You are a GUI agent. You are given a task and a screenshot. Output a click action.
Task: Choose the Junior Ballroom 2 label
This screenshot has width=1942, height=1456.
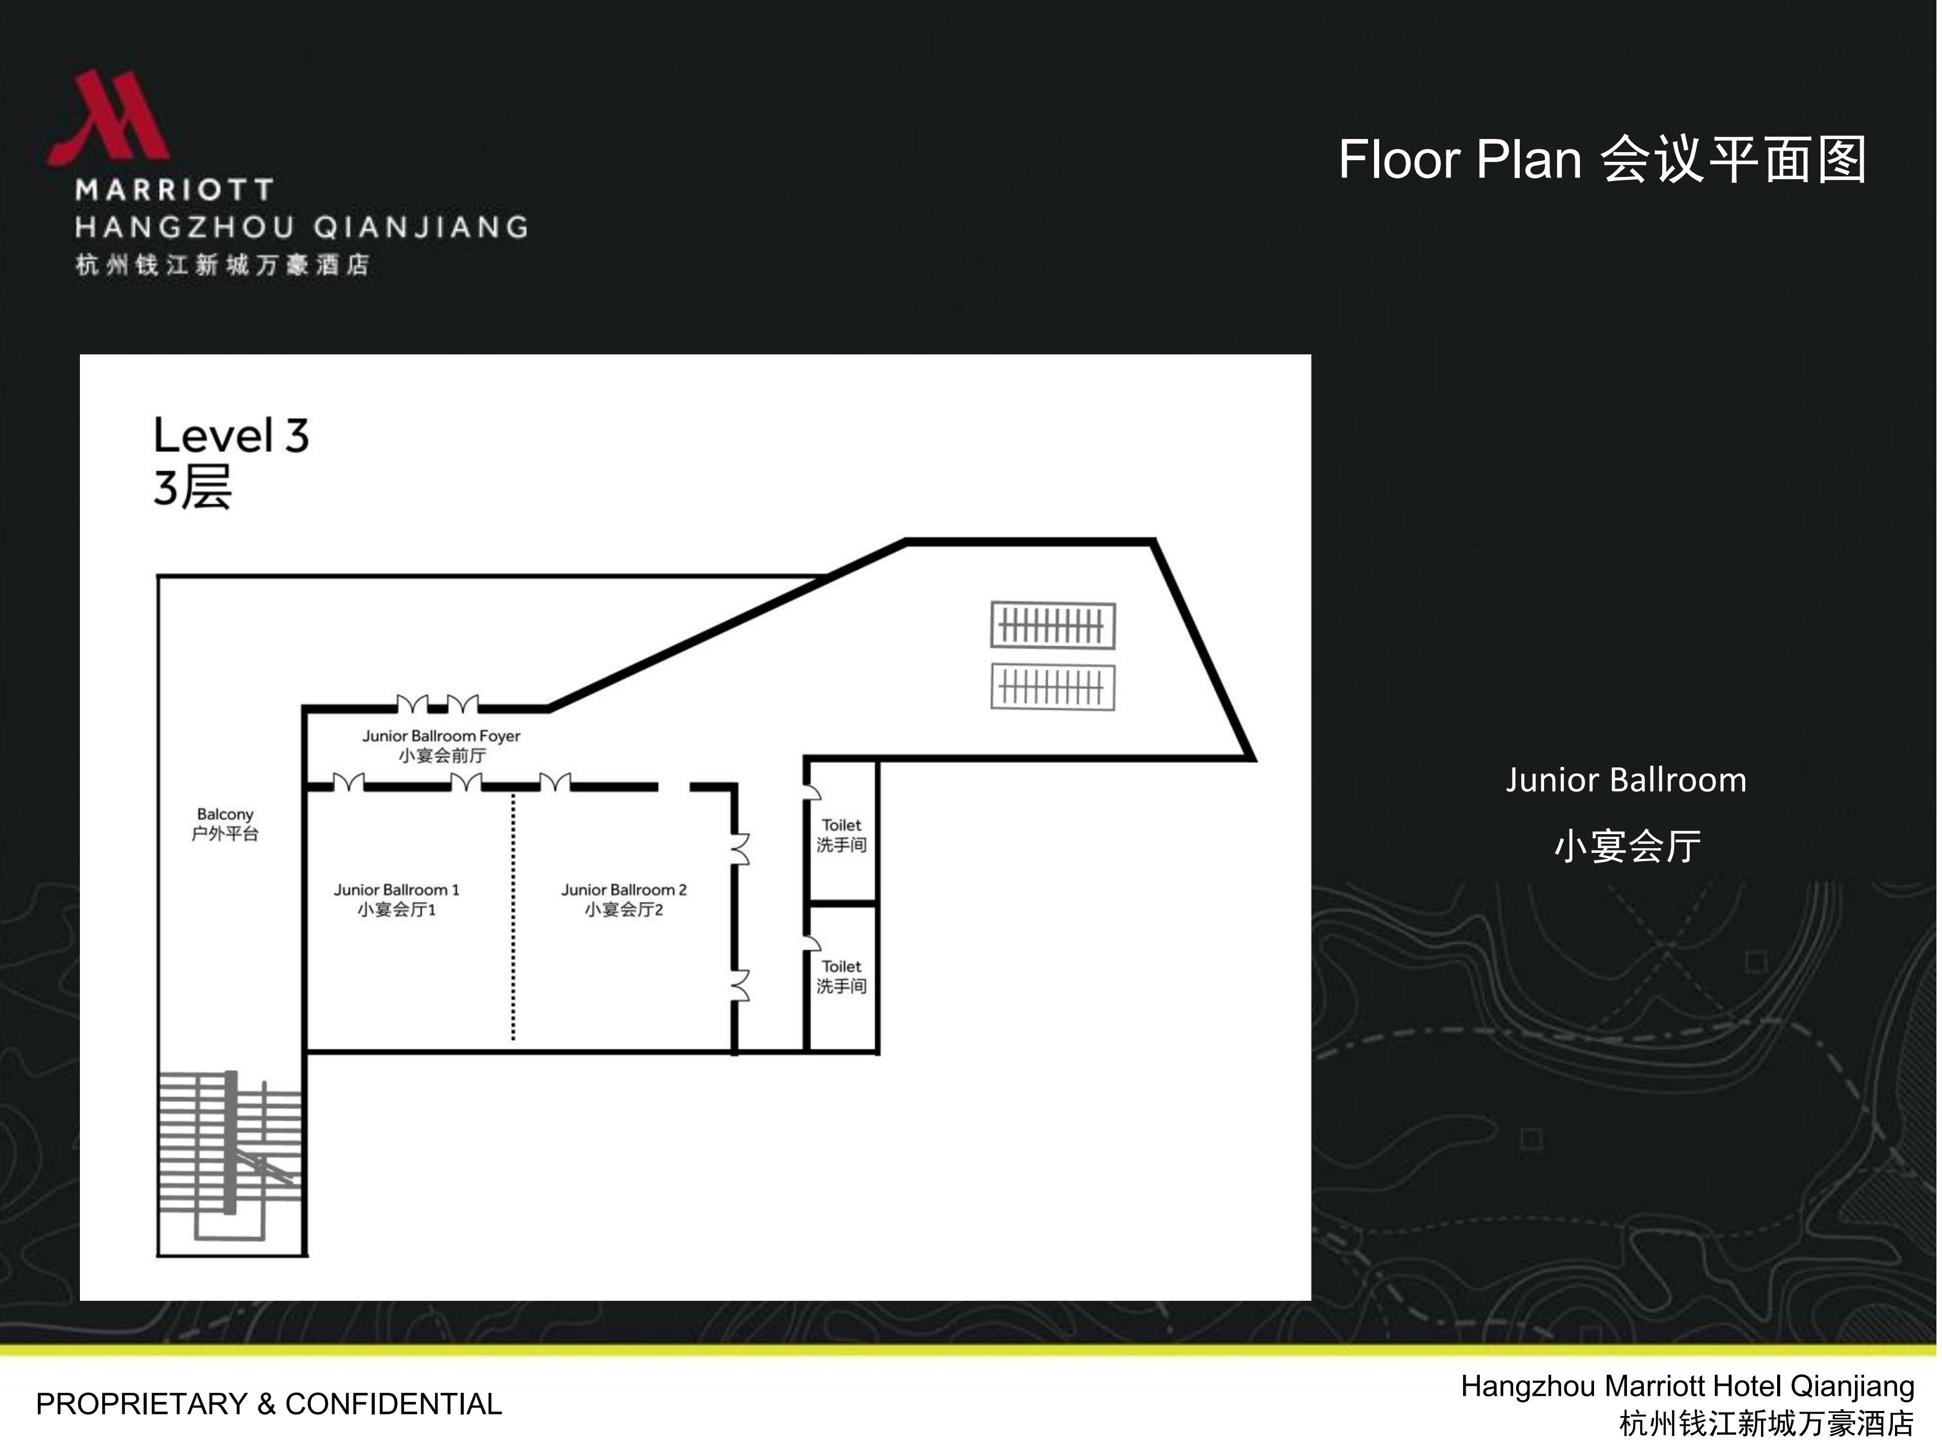tap(624, 899)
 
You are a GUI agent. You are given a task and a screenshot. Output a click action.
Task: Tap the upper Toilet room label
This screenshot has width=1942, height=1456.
tap(841, 835)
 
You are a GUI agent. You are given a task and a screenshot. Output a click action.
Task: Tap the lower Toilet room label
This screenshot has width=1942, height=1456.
tap(841, 976)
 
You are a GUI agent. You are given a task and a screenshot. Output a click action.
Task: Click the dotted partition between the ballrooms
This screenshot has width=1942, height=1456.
tap(514, 922)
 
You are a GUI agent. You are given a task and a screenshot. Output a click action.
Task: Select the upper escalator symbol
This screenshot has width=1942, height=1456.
tap(1052, 626)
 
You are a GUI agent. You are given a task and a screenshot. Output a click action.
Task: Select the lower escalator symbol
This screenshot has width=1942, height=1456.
tap(1052, 687)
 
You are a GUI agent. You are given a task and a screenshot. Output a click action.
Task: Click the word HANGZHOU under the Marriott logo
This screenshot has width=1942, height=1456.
tap(185, 227)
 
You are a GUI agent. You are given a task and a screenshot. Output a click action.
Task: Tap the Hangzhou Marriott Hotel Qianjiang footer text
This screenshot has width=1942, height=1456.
tap(1687, 1387)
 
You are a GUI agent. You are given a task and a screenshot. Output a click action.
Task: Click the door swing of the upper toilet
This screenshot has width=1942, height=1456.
tap(813, 793)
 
